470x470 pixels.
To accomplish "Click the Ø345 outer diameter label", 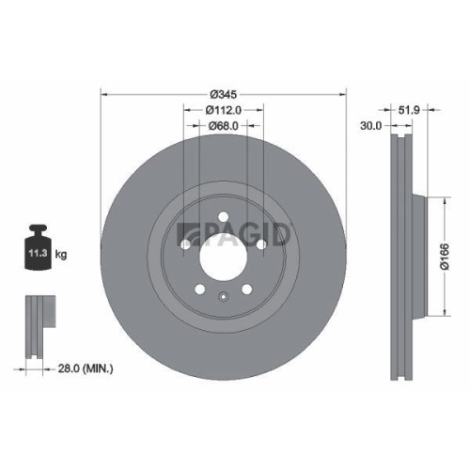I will (x=223, y=94).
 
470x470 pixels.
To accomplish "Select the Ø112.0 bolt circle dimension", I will (x=223, y=110).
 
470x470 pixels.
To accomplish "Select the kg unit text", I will (x=61, y=254).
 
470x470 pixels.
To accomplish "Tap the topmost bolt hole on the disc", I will (x=223, y=218).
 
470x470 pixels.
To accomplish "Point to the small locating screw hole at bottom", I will (x=223, y=299).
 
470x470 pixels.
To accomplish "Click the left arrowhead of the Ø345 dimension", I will (x=103, y=94).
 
